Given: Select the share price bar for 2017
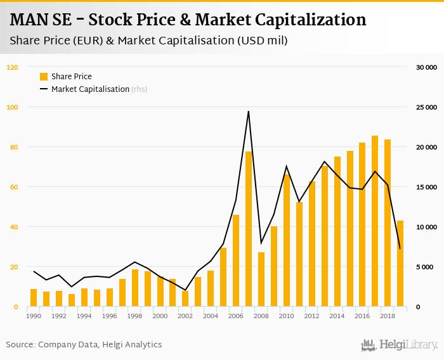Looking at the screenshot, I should pos(375,221).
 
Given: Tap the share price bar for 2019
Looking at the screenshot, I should pos(400,264).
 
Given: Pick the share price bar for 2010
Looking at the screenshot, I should pos(287,241).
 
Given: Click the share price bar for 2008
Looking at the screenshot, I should pos(261,280).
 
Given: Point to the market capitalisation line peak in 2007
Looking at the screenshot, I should pos(249,112).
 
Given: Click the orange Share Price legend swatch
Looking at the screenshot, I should pos(44,77).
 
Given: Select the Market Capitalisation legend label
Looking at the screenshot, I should pos(90,89).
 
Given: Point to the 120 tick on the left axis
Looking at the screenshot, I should pos(13,67).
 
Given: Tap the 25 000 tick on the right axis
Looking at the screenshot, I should pos(426,107).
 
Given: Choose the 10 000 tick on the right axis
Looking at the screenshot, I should pos(426,227).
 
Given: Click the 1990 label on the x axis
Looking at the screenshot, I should pos(34,316).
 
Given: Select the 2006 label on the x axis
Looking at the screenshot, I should pos(236,316).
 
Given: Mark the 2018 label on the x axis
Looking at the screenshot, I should pos(388,316).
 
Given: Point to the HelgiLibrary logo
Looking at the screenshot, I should pos(399,345).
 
